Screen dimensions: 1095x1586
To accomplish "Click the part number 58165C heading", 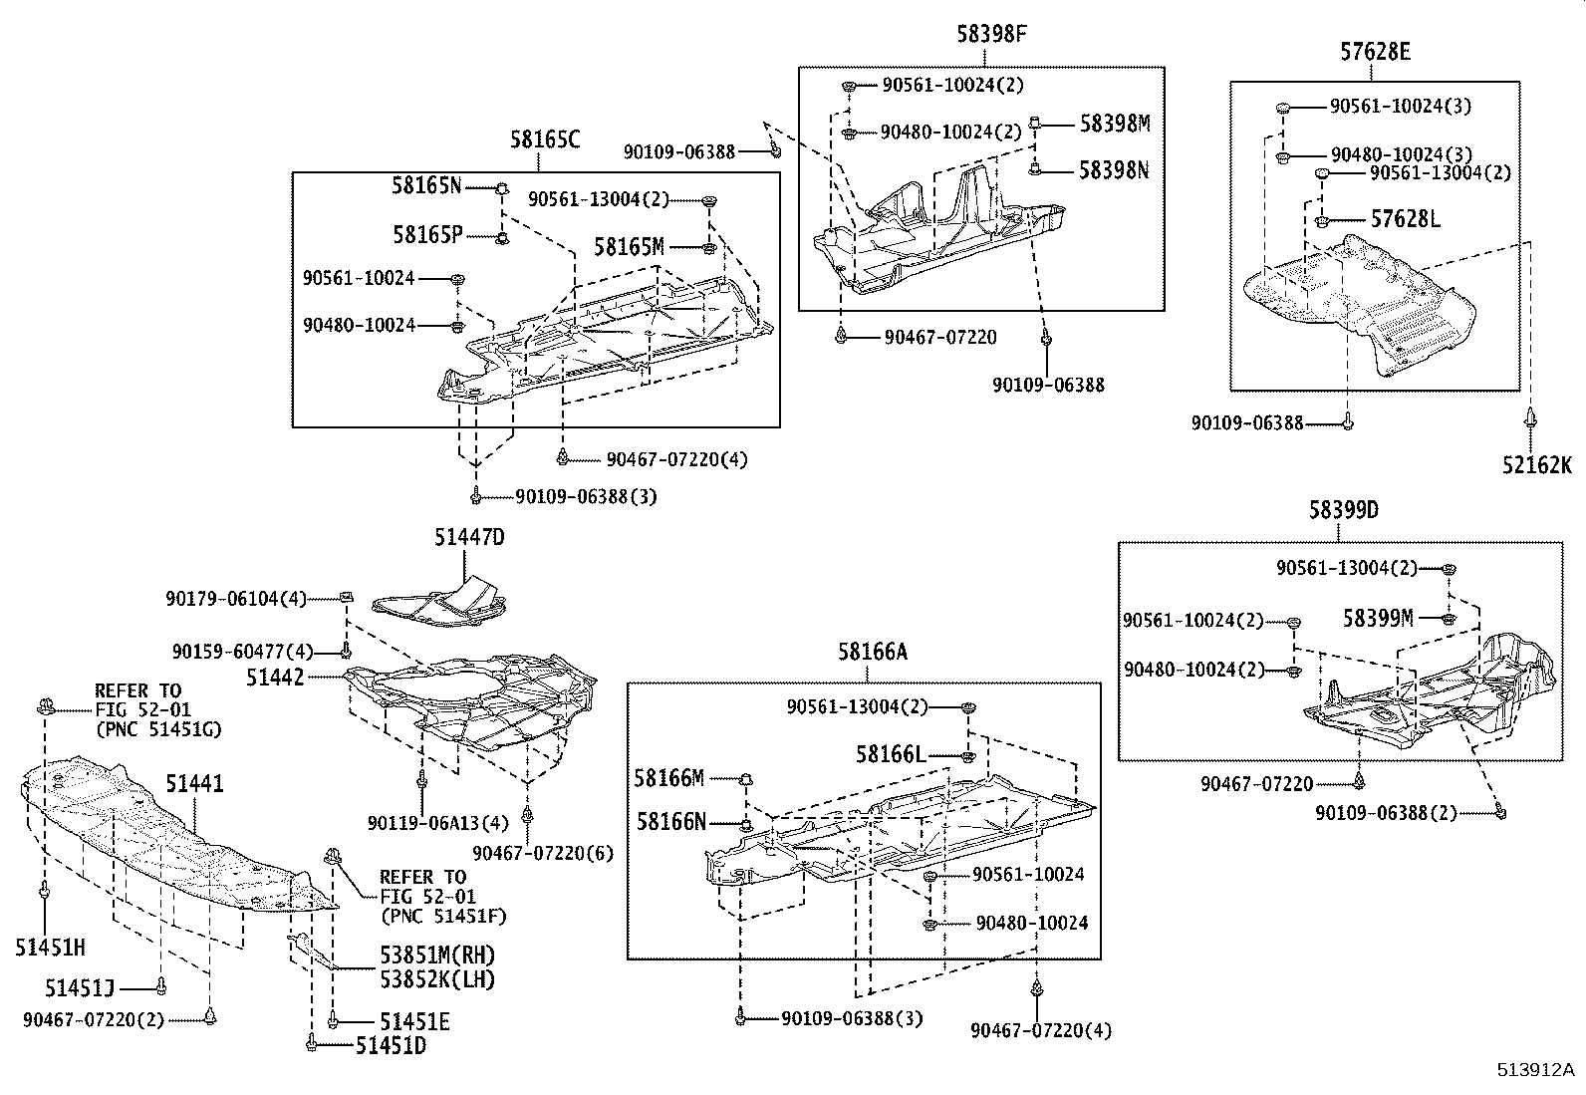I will [544, 139].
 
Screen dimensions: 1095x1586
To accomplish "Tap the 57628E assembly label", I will [1375, 52].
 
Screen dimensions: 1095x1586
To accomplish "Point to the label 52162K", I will [1537, 464].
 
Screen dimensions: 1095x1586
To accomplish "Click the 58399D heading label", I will [1343, 510].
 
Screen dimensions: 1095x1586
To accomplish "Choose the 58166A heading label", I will [873, 652].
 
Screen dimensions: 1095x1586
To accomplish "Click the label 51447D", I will [469, 538].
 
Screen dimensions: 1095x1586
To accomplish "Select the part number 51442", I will [276, 677].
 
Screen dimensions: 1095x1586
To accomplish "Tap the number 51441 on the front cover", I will [194, 784].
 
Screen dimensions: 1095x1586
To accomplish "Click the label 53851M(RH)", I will [436, 955].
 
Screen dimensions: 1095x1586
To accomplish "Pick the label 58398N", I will [1114, 170].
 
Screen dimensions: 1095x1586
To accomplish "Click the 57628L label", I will [1406, 219].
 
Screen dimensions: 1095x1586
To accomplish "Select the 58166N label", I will [671, 822].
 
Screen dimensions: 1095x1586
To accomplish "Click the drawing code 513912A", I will [1535, 1070].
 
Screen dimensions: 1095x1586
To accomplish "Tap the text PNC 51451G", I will [158, 729].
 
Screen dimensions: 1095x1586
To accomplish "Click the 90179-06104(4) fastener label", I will [237, 599].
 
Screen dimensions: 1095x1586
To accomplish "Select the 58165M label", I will [630, 246].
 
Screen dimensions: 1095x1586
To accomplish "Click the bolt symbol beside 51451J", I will [160, 986].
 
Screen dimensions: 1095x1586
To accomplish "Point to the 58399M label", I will [1378, 619].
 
